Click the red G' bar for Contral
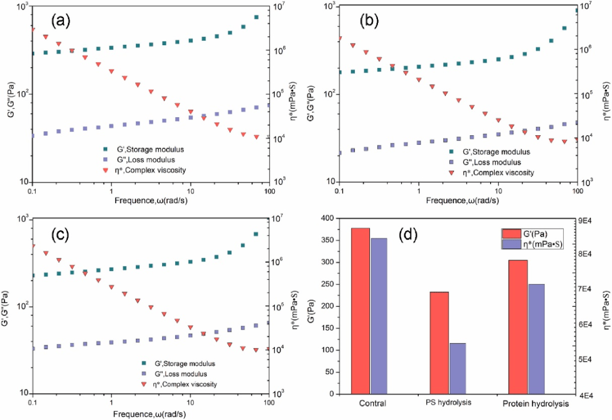pos(360,311)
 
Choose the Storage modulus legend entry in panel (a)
pos(148,149)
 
